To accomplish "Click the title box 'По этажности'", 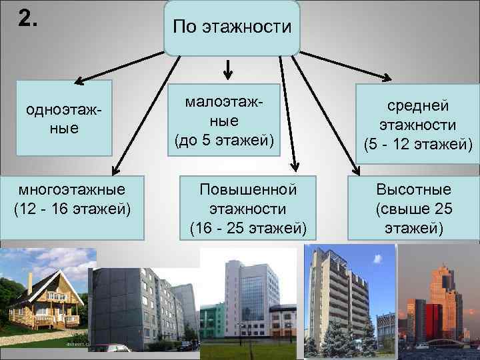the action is [x=232, y=27].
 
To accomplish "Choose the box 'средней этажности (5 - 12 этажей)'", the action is [x=417, y=125].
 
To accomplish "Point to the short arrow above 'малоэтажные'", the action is [x=227, y=69].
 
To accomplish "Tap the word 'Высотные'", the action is [x=413, y=189].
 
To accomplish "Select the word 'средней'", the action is [x=418, y=106].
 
